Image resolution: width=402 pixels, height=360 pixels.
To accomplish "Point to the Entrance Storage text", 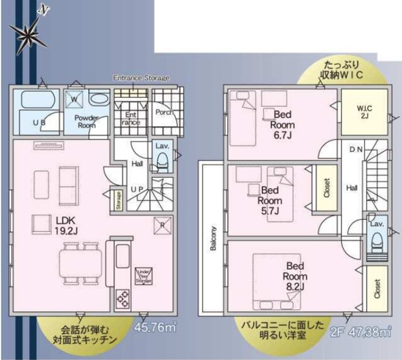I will [x=141, y=78].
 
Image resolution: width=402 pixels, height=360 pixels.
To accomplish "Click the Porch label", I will [x=163, y=112].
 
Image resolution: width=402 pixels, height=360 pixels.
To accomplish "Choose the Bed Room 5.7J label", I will [x=270, y=200].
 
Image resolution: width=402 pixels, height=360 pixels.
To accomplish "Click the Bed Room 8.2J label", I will [x=296, y=275].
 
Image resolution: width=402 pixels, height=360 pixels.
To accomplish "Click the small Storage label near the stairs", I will [x=119, y=200].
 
